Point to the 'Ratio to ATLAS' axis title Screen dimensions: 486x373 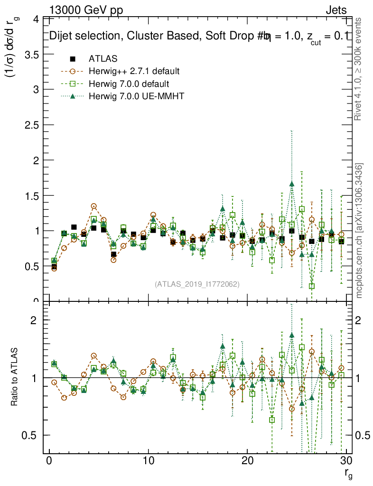click(15, 378)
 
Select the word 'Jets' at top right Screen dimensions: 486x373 click(336, 10)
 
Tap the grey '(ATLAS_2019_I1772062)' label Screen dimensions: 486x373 click(197, 284)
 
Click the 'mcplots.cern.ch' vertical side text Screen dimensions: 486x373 click(359, 231)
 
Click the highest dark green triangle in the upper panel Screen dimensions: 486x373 click(292, 184)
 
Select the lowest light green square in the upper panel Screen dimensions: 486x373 click(312, 286)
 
